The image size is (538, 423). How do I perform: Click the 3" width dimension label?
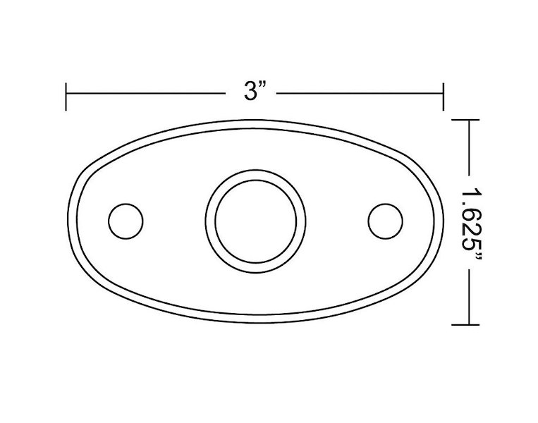pyautogui.click(x=255, y=92)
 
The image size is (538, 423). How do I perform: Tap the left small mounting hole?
pyautogui.click(x=126, y=221)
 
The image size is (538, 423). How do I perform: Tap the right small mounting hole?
pyautogui.click(x=385, y=221)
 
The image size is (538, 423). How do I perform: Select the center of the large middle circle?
pyautogui.click(x=256, y=221)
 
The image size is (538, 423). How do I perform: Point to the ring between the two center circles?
pyautogui.click(x=256, y=175)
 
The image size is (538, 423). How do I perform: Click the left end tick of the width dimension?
pyautogui.click(x=66, y=97)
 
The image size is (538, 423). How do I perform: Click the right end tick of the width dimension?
pyautogui.click(x=444, y=97)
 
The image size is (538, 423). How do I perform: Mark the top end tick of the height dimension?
pyautogui.click(x=465, y=120)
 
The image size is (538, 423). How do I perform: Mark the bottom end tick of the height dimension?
pyautogui.click(x=465, y=324)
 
